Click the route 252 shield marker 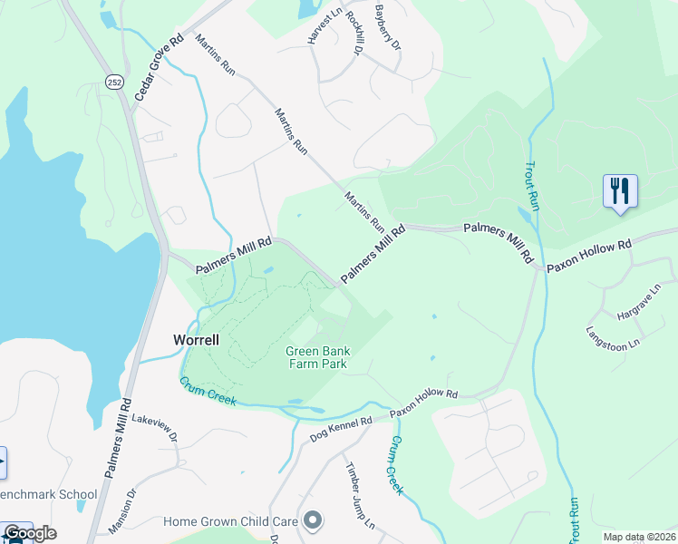(x=115, y=82)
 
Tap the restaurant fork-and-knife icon (x=620, y=191)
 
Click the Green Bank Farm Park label (x=317, y=357)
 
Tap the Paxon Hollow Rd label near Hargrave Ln (x=588, y=257)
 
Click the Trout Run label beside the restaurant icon (x=532, y=186)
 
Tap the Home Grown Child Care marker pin (x=313, y=520)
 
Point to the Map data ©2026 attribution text (x=638, y=537)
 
